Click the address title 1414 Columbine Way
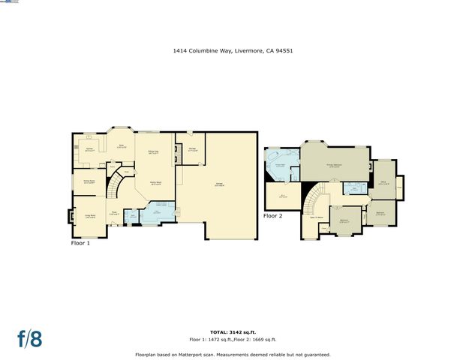(233, 52)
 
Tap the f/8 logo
(29, 339)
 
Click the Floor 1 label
(81, 243)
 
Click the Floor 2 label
(273, 215)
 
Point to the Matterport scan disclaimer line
(233, 355)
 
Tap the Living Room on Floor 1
(89, 217)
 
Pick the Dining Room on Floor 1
(89, 181)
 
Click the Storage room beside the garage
(192, 150)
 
